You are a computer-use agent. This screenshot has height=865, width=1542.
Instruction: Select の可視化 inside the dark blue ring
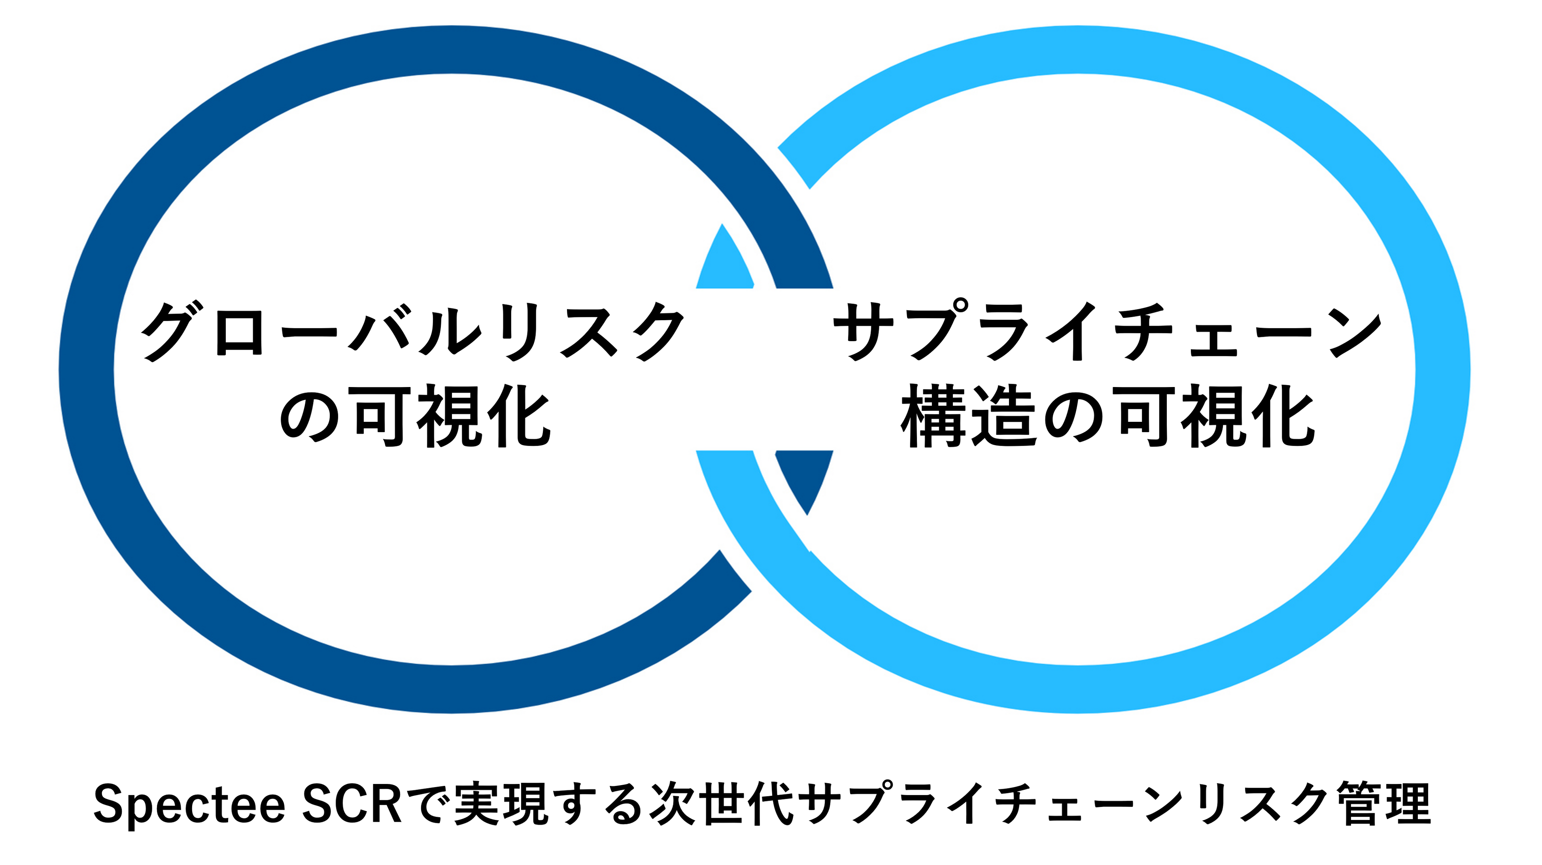414,416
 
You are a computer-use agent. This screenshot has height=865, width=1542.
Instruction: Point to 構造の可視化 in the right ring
1107,416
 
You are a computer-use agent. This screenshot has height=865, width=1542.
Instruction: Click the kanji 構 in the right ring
934,416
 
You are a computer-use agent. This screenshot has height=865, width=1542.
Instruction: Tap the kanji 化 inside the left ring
518,416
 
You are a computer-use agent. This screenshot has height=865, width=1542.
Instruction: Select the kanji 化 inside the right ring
1281,416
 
